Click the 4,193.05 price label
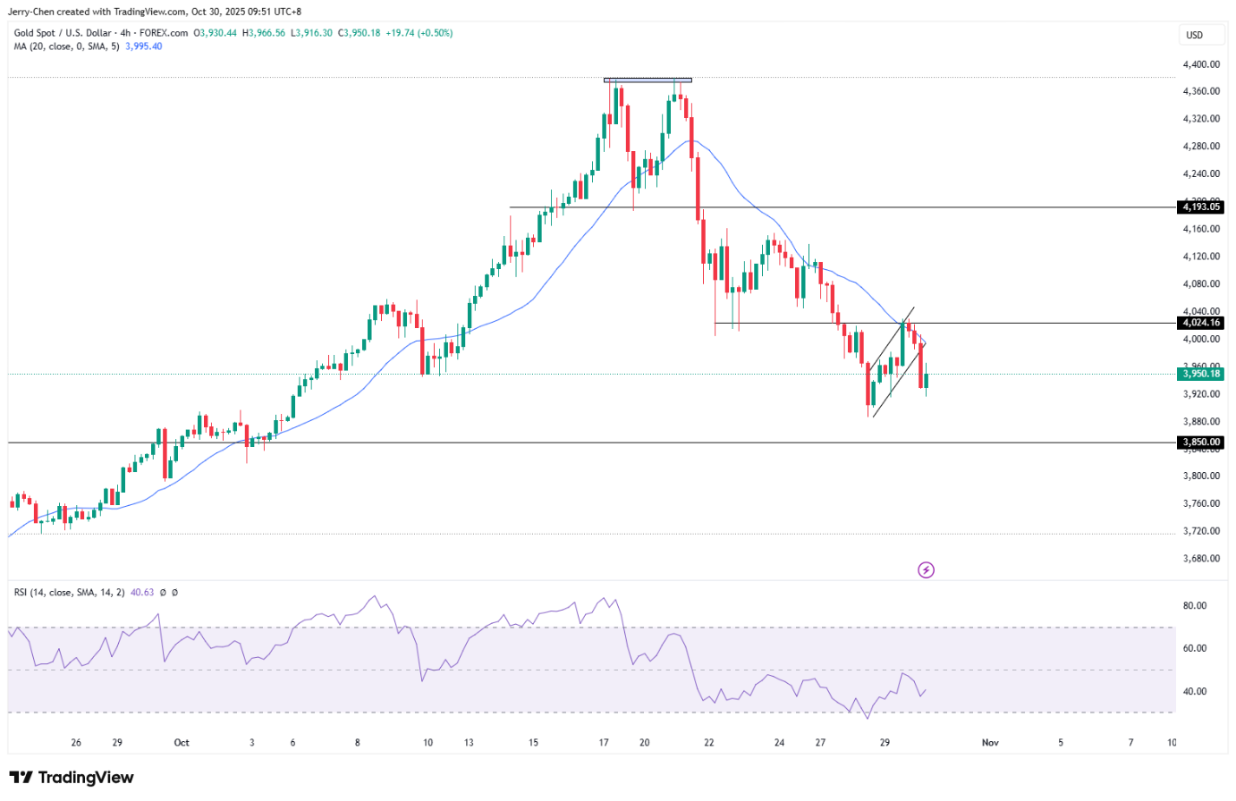(1201, 207)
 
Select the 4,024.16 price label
(1201, 323)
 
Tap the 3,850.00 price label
(1201, 443)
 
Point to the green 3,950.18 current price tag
(1201, 375)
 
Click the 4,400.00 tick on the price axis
(1201, 64)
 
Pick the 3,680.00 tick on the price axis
(1201, 559)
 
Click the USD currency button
(1195, 36)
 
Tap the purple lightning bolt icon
(926, 569)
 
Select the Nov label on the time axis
(990, 742)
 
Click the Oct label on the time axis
(182, 742)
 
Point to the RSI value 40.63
(142, 592)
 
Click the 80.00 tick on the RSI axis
(1195, 605)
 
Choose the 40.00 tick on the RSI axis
(1195, 691)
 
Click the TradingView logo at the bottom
(72, 778)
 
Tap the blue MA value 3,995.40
(144, 46)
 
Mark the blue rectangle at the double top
(648, 80)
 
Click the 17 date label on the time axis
(604, 742)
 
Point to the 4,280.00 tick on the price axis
(1201, 147)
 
